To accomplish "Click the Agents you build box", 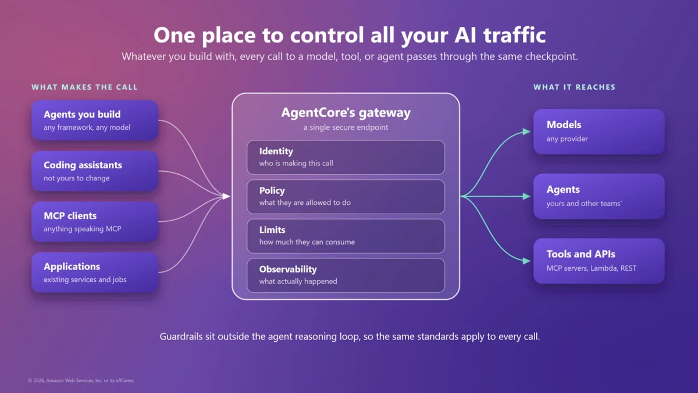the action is click(x=95, y=120).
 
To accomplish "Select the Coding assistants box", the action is click(x=95, y=171).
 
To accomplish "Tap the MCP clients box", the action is click(x=95, y=222).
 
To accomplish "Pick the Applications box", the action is click(x=95, y=272).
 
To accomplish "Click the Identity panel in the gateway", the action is click(x=346, y=157).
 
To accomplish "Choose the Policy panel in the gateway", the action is click(x=346, y=197).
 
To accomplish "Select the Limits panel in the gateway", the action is click(x=346, y=236).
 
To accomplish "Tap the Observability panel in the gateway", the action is click(x=346, y=275).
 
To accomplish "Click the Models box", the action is click(x=599, y=132).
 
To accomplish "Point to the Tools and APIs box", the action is click(x=599, y=261).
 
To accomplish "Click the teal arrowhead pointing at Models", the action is click(x=526, y=132).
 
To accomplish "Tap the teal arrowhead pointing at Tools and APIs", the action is click(x=526, y=261).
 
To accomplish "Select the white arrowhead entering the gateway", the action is click(x=226, y=196).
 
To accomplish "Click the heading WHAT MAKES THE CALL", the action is click(x=84, y=87).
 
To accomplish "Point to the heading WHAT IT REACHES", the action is click(x=575, y=87).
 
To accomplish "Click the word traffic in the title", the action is click(x=514, y=34).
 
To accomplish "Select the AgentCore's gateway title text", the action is click(x=346, y=113).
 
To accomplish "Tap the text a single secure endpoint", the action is click(x=346, y=128).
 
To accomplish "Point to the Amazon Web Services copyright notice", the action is click(x=81, y=381).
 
